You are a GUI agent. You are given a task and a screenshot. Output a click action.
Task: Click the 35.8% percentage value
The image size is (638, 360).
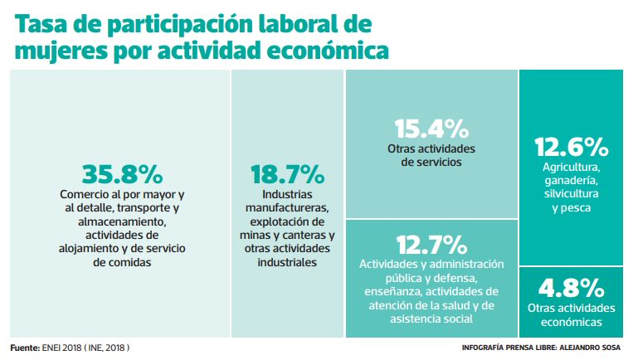pyautogui.click(x=122, y=174)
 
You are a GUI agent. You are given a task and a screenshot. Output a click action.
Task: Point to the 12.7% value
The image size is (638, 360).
pyautogui.click(x=431, y=245)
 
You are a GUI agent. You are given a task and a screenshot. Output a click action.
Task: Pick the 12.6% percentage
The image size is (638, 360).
pyautogui.click(x=572, y=148)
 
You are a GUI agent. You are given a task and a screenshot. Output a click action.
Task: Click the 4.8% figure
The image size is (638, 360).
pyautogui.click(x=571, y=288)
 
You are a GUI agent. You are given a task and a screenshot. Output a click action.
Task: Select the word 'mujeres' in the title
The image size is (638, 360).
pyautogui.click(x=57, y=51)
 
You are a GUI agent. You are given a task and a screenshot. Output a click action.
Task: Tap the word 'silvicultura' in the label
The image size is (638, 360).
pyautogui.click(x=572, y=193)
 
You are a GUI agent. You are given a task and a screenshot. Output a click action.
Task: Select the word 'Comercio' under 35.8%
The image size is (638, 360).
pyautogui.click(x=85, y=195)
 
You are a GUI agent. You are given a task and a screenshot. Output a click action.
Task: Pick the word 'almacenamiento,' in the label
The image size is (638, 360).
pyautogui.click(x=123, y=221)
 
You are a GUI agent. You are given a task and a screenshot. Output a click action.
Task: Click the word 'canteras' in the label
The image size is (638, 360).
pyautogui.click(x=302, y=235)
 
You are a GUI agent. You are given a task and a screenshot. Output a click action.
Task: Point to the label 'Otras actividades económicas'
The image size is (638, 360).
pyautogui.click(x=571, y=314)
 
